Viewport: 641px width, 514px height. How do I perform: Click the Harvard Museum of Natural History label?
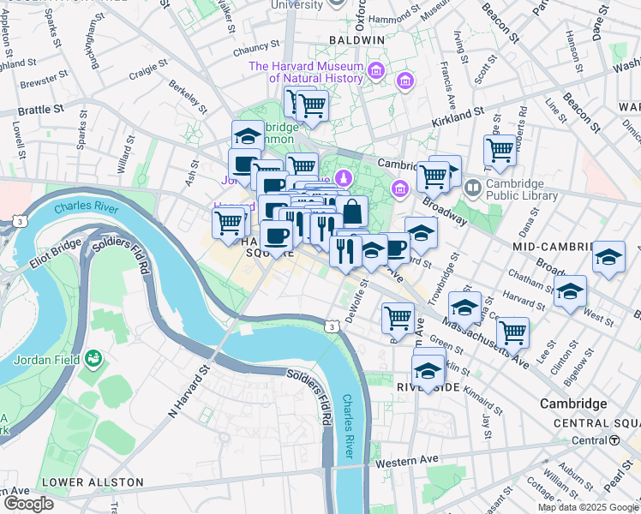pos(306,73)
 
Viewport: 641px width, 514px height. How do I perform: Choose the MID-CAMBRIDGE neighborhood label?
pos(553,246)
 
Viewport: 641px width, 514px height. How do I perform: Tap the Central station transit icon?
pos(614,440)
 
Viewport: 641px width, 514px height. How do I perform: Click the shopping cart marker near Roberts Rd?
pos(500,150)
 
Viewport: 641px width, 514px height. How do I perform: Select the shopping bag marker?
pos(351,210)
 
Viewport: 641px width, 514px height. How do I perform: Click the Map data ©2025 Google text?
pos(587,507)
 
